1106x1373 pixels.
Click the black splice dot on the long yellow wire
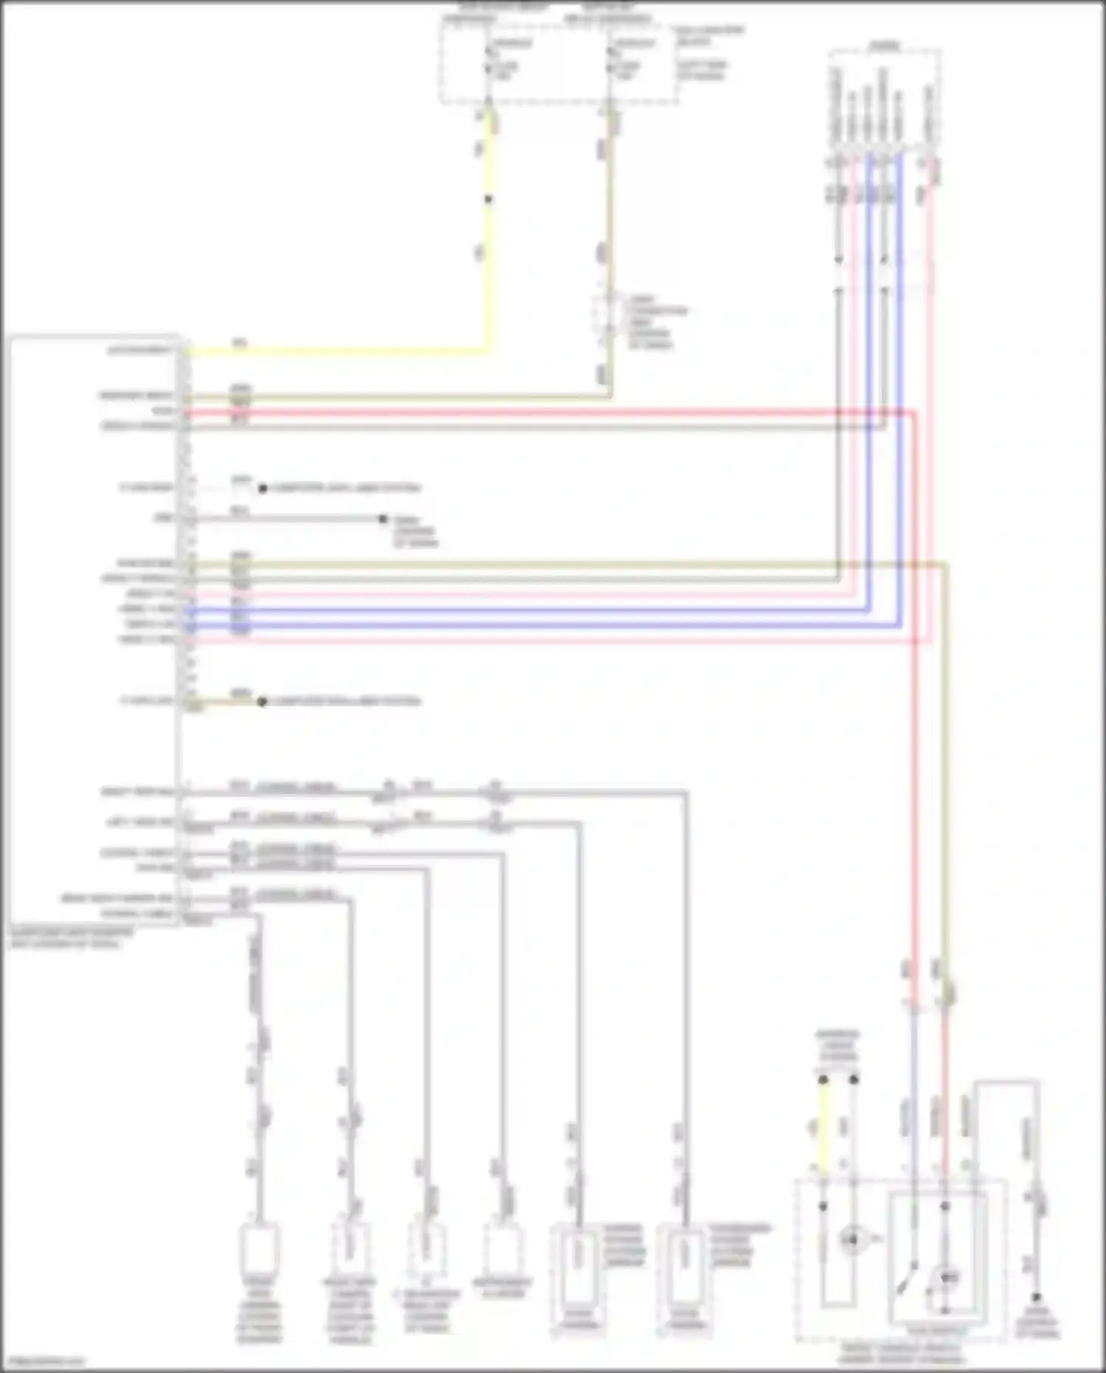pos(488,199)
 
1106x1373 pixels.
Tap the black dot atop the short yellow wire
pos(823,1079)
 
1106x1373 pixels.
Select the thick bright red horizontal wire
pos(546,412)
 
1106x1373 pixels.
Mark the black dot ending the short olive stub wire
pos(262,701)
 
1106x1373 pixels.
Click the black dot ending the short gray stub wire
pos(383,519)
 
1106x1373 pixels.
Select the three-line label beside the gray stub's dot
pos(415,531)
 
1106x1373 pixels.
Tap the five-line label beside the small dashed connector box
pos(657,322)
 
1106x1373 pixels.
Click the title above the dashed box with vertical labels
pos(884,46)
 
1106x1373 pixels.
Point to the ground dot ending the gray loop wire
pos(1037,1297)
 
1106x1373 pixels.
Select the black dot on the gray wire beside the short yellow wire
pos(854,1079)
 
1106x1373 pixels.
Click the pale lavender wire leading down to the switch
pos(913,1107)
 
